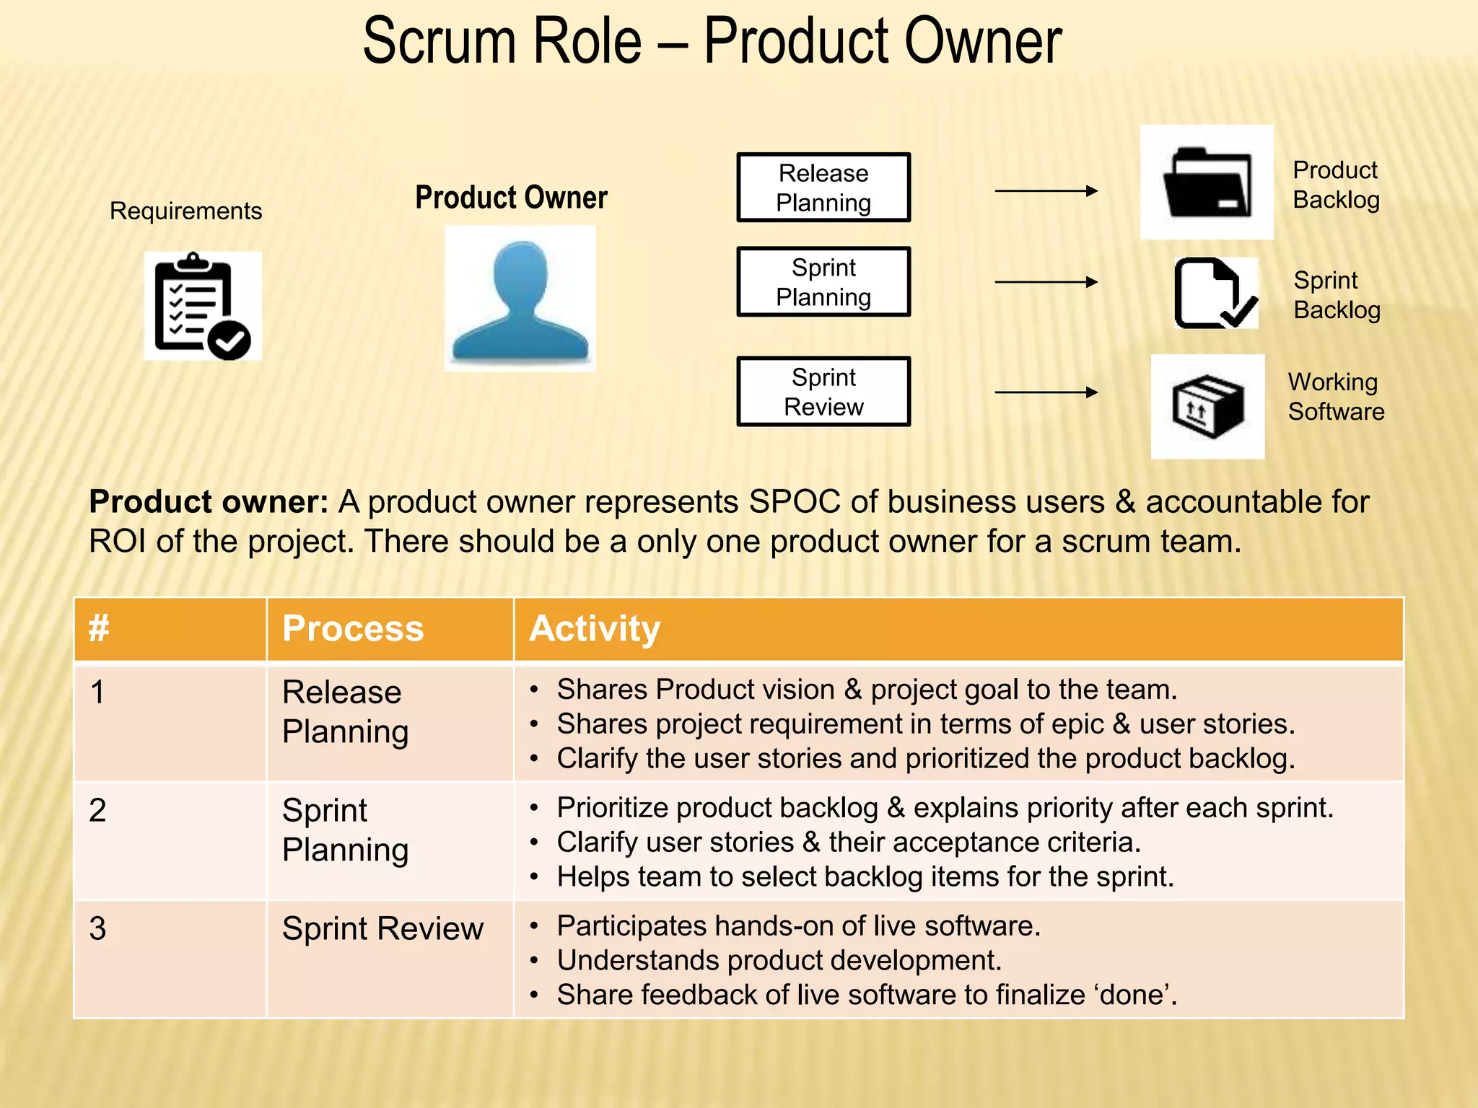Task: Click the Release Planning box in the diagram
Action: pyautogui.click(x=823, y=188)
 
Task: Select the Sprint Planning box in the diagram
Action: pyautogui.click(x=823, y=282)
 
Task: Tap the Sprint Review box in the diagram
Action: pyautogui.click(x=823, y=392)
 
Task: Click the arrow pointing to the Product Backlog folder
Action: pyautogui.click(x=1046, y=191)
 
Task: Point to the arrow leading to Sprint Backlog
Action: pyautogui.click(x=1046, y=282)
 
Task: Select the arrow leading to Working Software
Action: pyautogui.click(x=1046, y=392)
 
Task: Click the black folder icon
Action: pyautogui.click(x=1207, y=183)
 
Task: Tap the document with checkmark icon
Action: pyautogui.click(x=1215, y=294)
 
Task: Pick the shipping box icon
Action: pyautogui.click(x=1207, y=407)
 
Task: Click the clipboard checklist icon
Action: pyautogui.click(x=202, y=306)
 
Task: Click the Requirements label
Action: pyautogui.click(x=185, y=211)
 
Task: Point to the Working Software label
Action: pyautogui.click(x=1336, y=397)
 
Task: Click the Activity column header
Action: pyautogui.click(x=595, y=628)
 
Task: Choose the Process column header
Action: pyautogui.click(x=353, y=628)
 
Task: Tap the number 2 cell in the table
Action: pyautogui.click(x=98, y=810)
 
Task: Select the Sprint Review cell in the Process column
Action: pyautogui.click(x=382, y=928)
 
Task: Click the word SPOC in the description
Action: pyautogui.click(x=795, y=502)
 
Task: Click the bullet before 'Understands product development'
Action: pyautogui.click(x=534, y=961)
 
